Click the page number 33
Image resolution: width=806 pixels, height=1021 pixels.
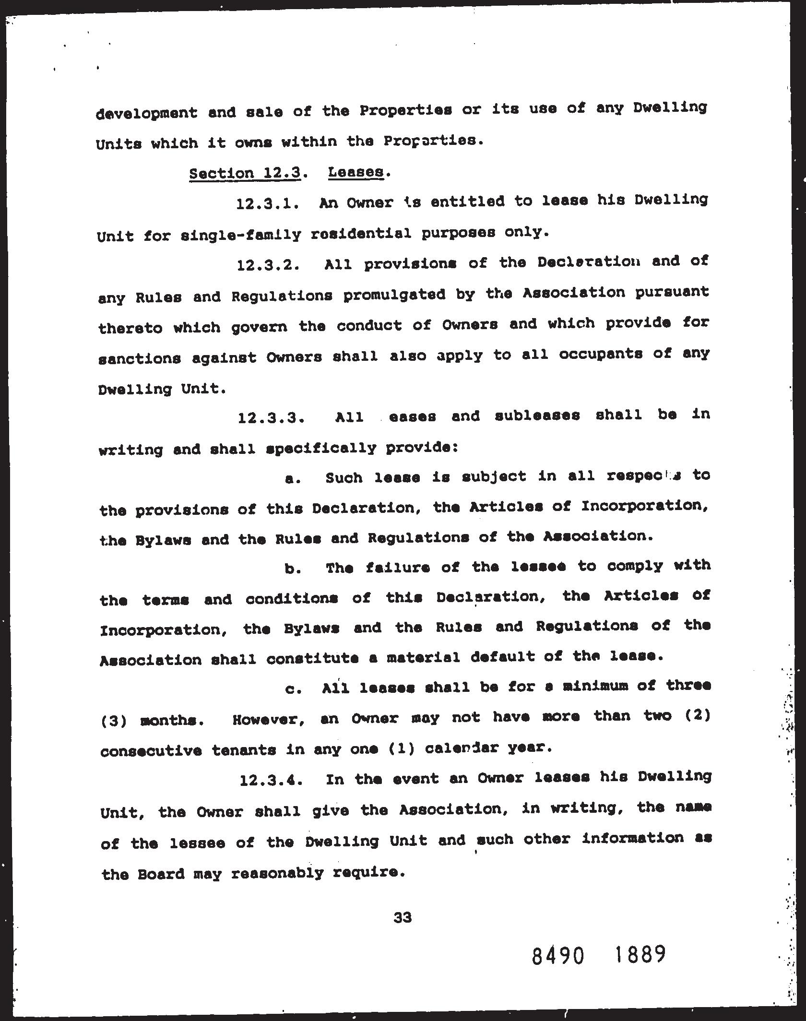[403, 917]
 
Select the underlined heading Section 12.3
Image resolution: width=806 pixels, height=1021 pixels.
[245, 173]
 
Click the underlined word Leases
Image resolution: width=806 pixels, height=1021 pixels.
[356, 172]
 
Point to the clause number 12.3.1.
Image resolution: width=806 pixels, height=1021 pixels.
[268, 204]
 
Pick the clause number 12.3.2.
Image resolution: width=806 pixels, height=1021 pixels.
[269, 265]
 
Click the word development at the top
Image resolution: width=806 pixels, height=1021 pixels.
[147, 113]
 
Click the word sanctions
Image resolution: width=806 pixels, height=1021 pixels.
[140, 358]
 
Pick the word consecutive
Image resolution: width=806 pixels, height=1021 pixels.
[151, 750]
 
